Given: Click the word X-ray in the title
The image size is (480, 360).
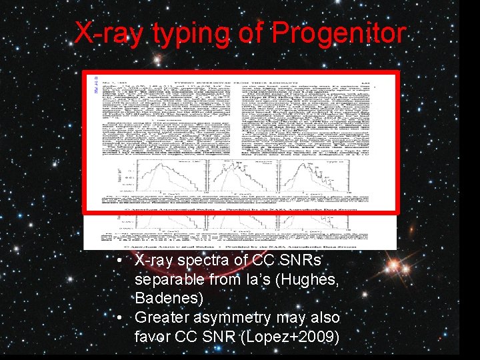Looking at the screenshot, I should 108,33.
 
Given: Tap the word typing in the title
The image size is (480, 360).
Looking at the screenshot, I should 184,33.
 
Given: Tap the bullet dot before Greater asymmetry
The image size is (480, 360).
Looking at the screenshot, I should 117,317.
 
